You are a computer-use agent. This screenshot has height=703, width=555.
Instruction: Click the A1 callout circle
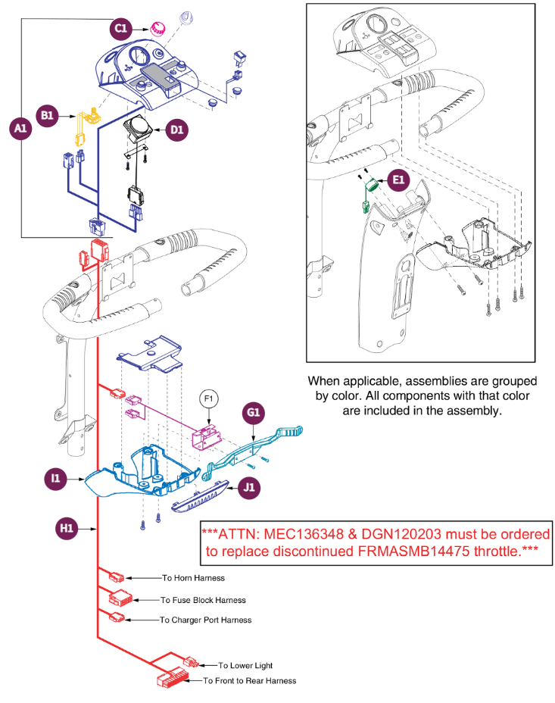click(x=20, y=129)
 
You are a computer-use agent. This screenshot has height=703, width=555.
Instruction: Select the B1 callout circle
click(x=48, y=115)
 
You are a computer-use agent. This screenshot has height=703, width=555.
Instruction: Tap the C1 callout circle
click(x=120, y=28)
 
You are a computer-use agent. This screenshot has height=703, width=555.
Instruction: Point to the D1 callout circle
click(x=176, y=130)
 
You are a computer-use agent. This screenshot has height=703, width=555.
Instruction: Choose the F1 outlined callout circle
click(x=209, y=397)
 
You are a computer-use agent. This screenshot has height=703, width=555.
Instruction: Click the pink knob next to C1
click(x=157, y=28)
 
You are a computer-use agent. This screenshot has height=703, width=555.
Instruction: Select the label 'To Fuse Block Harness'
click(x=203, y=600)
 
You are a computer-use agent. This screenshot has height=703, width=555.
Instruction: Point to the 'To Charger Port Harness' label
click(x=205, y=620)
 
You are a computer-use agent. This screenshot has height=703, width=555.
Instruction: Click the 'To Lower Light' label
click(x=245, y=665)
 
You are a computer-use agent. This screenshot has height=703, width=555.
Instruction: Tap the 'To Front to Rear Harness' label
click(x=249, y=680)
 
